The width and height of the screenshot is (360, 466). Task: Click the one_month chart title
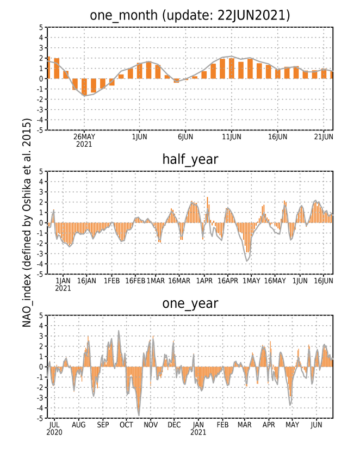190,15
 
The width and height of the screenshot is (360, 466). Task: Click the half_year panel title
190,160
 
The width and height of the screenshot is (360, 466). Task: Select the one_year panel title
190,303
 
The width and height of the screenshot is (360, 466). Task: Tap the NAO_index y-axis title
27,222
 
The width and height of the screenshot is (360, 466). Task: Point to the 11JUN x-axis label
232,136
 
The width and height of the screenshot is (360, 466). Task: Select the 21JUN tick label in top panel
324,136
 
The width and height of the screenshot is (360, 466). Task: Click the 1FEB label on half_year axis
112,281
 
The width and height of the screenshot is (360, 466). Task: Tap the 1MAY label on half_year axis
251,281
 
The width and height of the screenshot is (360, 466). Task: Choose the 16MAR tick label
179,281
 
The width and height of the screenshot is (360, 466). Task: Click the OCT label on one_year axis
126,425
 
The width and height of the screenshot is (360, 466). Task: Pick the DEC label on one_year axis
174,425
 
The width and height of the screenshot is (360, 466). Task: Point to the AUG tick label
78,425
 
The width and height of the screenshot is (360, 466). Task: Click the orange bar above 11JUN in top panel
232,69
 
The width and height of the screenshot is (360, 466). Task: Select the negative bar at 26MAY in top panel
84,87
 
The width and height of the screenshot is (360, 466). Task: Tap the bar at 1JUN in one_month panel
139,71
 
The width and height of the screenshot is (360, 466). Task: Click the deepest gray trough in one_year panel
139,415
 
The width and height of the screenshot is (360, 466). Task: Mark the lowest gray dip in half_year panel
247,261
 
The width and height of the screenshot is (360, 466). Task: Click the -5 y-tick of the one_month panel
41,130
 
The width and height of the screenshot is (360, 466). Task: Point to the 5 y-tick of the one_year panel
41,315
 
